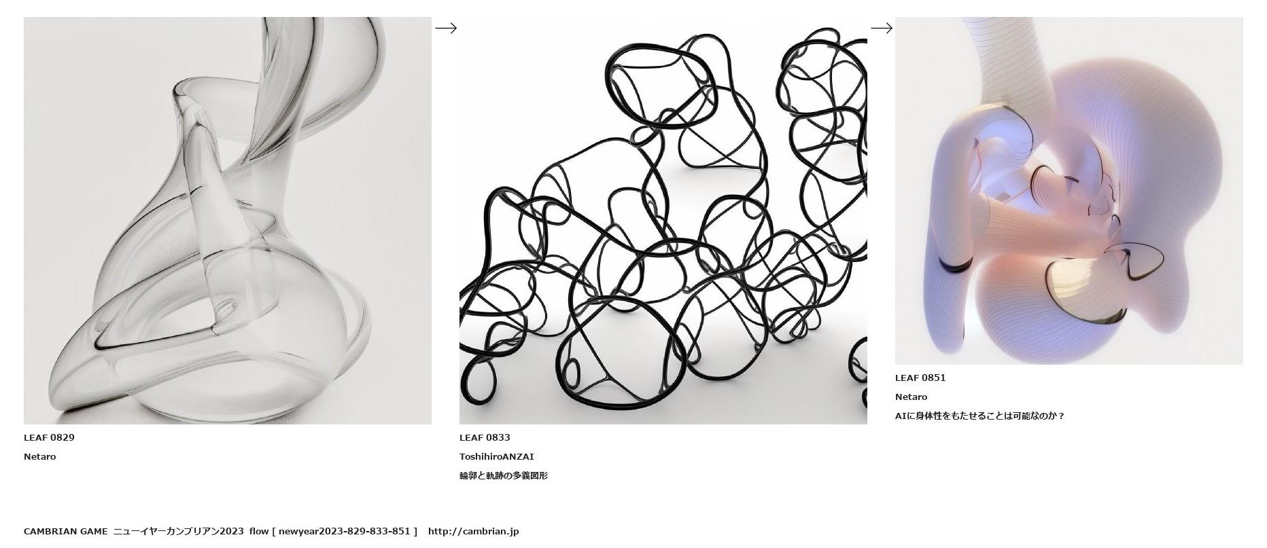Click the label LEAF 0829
point(49,437)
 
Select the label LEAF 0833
point(485,437)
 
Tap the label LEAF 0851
point(920,378)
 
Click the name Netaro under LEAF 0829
point(40,456)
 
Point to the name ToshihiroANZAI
point(497,456)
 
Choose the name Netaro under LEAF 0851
point(912,397)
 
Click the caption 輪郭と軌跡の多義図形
point(504,475)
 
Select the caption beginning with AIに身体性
point(979,416)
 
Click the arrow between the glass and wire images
point(446,28)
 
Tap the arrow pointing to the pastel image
point(882,28)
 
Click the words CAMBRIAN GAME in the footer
point(66,531)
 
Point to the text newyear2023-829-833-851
point(345,531)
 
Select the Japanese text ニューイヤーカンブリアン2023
point(179,531)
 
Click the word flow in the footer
point(259,531)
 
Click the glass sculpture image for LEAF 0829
point(228,221)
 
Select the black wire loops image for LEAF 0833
point(663,221)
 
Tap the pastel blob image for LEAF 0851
point(1069,191)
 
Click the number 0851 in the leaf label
point(935,378)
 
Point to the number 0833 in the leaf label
point(499,437)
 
